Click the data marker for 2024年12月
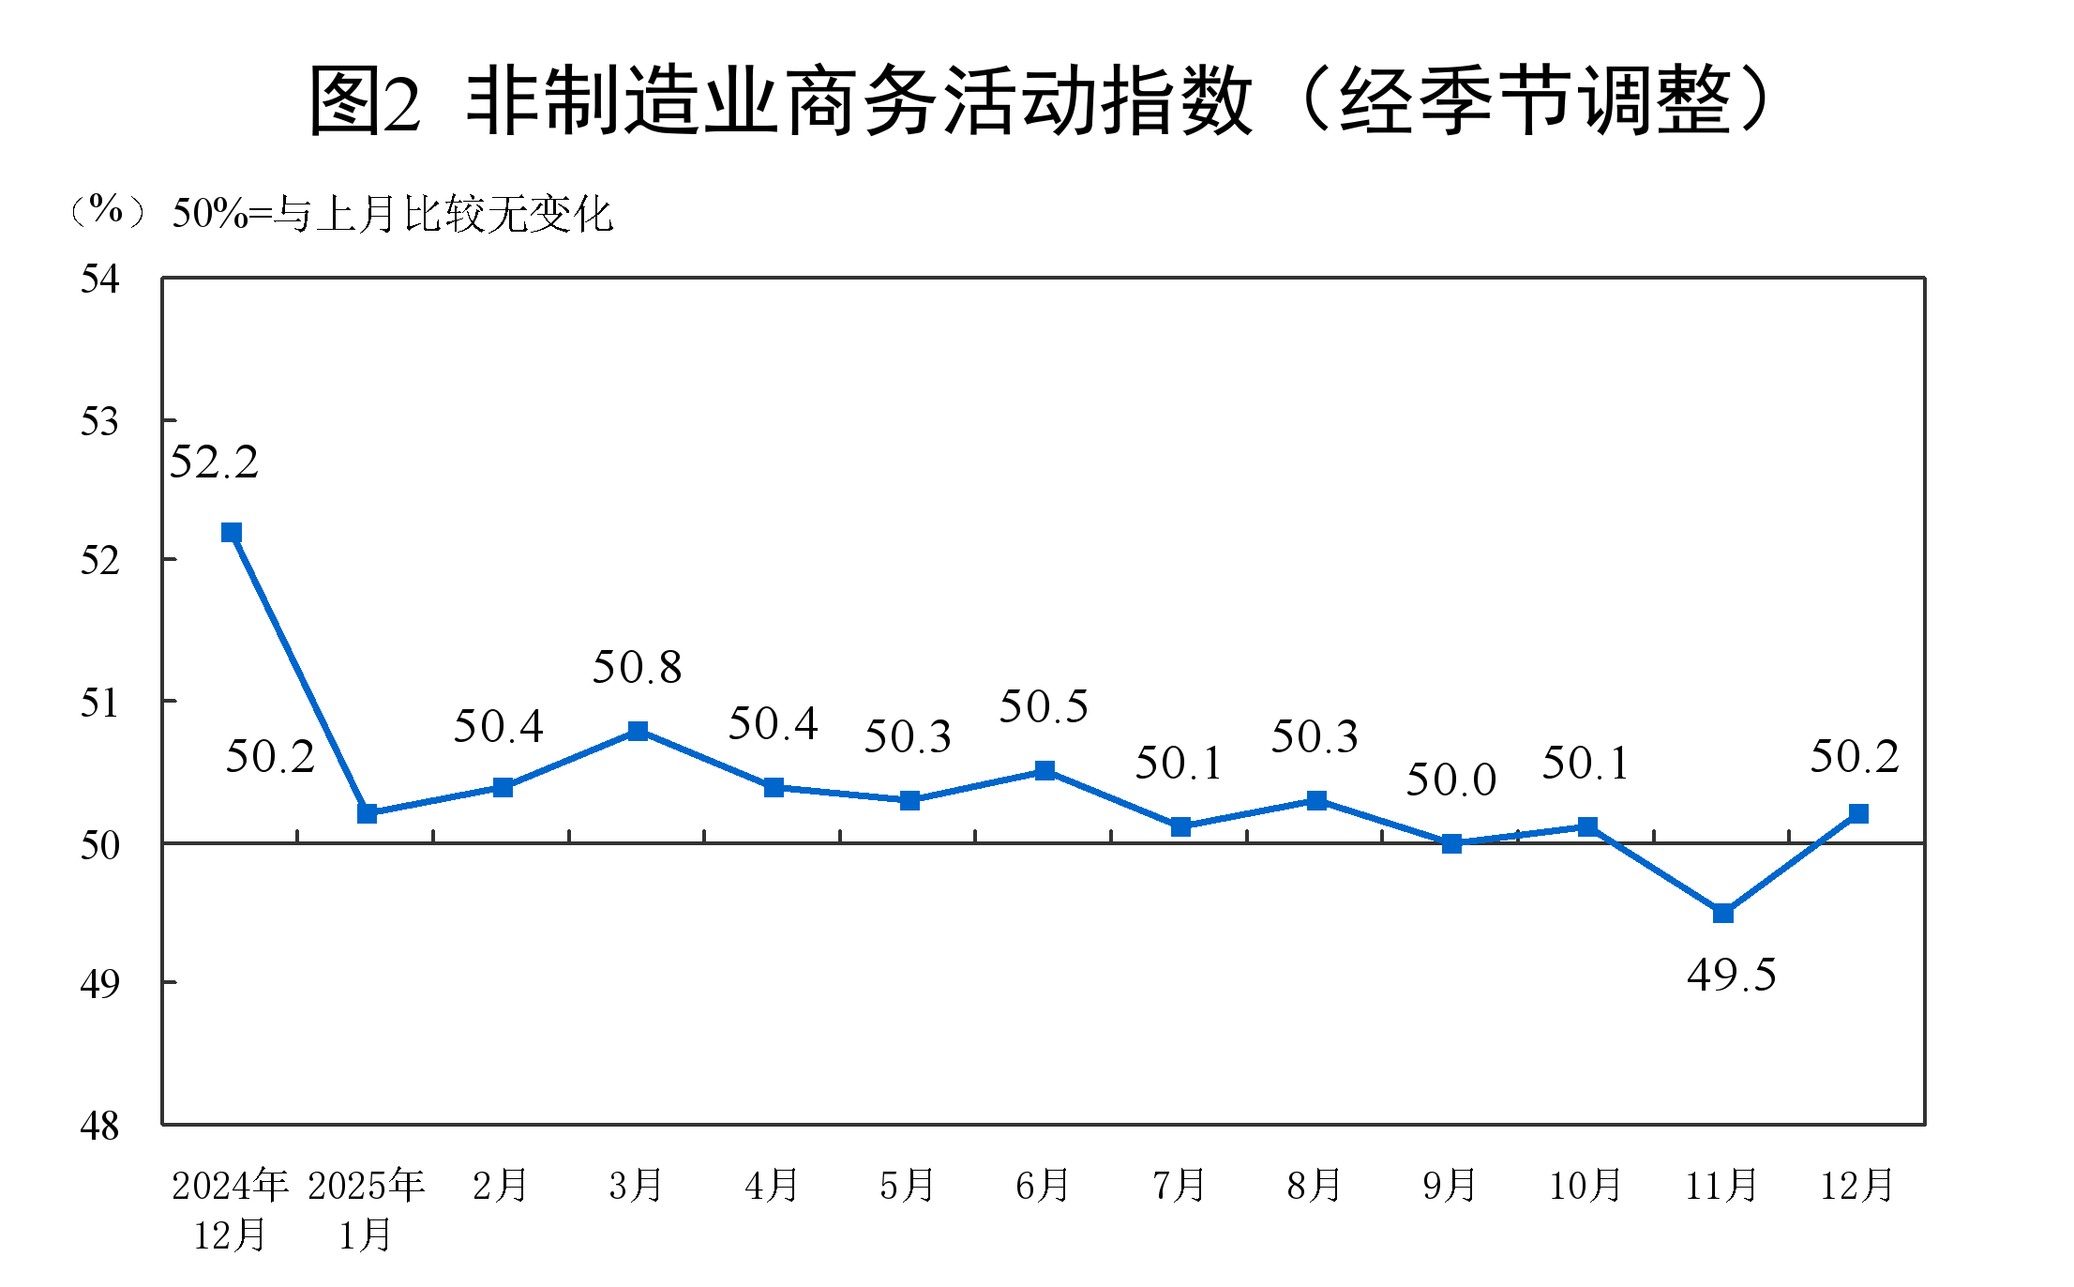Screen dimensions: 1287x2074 (x=232, y=533)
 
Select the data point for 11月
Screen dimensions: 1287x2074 (x=1722, y=913)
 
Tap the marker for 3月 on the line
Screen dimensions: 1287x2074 (x=638, y=731)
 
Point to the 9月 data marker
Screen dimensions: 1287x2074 (x=1451, y=843)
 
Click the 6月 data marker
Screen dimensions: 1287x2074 (x=1045, y=771)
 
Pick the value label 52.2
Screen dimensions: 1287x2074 (x=214, y=462)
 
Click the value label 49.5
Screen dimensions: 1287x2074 (x=1731, y=976)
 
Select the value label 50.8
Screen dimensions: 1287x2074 (x=637, y=668)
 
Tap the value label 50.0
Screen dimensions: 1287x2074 (x=1450, y=780)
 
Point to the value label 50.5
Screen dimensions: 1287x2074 (x=1044, y=707)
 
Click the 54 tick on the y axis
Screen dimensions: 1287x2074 (x=100, y=280)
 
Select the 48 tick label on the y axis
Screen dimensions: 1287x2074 (x=100, y=1126)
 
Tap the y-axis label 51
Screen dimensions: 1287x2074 (x=100, y=703)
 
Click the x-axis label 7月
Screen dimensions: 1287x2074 (x=1179, y=1186)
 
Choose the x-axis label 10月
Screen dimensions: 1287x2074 (x=1586, y=1186)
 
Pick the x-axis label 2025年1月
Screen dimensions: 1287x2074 (x=366, y=1210)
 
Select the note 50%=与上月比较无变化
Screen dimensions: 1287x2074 (x=392, y=215)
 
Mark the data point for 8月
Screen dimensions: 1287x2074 (x=1316, y=800)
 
